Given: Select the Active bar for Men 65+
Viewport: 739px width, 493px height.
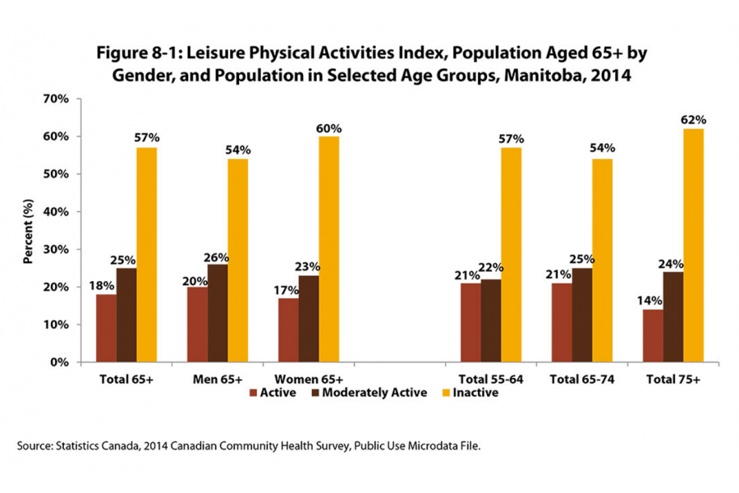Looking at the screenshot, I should (197, 325).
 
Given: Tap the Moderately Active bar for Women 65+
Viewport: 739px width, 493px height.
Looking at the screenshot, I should (309, 319).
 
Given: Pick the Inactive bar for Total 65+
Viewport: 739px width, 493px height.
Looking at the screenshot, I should (146, 255).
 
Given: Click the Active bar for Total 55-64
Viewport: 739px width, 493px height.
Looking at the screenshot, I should (470, 322).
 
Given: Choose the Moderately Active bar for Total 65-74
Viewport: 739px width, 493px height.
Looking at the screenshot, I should (581, 315).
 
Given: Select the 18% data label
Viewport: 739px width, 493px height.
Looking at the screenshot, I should (103, 285).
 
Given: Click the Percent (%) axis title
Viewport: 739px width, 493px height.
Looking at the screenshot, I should (28, 230).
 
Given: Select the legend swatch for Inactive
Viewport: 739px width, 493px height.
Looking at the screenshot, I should (446, 393).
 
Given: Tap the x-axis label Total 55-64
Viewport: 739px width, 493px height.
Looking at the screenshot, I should (491, 380).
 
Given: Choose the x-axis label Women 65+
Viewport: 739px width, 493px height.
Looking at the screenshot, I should (309, 380).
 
